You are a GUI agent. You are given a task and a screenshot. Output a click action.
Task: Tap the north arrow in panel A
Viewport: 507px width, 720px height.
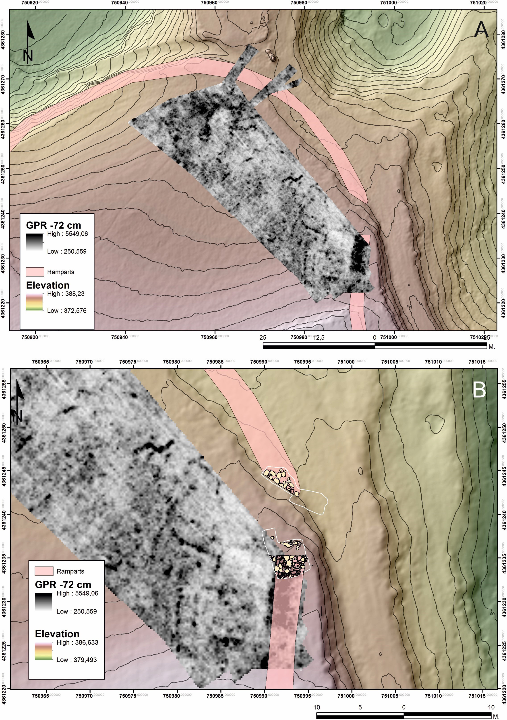[29, 42]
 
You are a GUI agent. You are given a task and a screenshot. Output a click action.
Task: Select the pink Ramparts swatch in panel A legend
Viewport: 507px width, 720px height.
[35, 272]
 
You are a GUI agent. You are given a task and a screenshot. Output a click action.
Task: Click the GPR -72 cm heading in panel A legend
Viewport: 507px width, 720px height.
[53, 225]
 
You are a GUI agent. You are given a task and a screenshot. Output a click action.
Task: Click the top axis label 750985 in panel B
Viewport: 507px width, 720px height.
[215, 362]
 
